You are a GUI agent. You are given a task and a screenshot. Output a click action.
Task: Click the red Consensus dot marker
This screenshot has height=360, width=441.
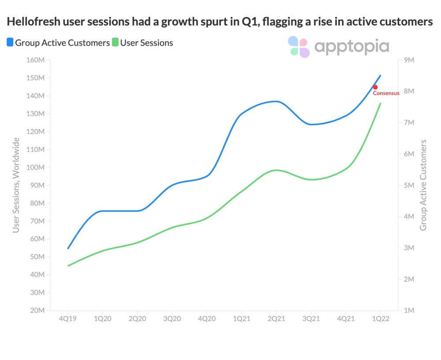375,87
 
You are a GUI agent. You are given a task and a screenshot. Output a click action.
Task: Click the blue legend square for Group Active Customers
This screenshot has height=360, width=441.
10,43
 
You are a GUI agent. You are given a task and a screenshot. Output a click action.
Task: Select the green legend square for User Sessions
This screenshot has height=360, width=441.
115,43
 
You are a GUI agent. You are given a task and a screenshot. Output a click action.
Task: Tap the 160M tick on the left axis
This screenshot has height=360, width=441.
36,60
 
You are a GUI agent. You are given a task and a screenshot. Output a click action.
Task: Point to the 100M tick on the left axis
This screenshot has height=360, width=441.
36,167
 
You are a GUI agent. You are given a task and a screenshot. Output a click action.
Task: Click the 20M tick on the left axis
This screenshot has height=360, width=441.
37,311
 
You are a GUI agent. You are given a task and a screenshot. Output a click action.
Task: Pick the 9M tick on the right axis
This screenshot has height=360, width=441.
408,60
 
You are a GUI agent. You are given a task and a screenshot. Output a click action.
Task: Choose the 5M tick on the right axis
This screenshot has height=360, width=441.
408,186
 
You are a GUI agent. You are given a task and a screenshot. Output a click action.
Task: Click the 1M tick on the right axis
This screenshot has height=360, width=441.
408,311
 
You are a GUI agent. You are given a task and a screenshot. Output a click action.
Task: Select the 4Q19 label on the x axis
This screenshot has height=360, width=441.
68,319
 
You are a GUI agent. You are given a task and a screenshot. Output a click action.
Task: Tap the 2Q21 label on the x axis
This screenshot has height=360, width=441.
276,319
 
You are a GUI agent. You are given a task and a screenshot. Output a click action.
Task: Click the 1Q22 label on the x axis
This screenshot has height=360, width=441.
380,319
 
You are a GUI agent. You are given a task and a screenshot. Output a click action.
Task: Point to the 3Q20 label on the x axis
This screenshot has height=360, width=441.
172,319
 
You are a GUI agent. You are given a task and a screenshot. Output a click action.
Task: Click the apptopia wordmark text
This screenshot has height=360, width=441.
351,47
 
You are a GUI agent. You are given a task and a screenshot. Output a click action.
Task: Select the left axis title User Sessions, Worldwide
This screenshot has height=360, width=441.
16,185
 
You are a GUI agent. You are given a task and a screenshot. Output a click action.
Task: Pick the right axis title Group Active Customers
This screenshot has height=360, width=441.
423,185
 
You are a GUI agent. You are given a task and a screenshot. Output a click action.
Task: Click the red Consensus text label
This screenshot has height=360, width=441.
386,93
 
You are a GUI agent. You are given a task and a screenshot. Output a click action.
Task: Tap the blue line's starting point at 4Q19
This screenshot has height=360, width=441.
68,249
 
